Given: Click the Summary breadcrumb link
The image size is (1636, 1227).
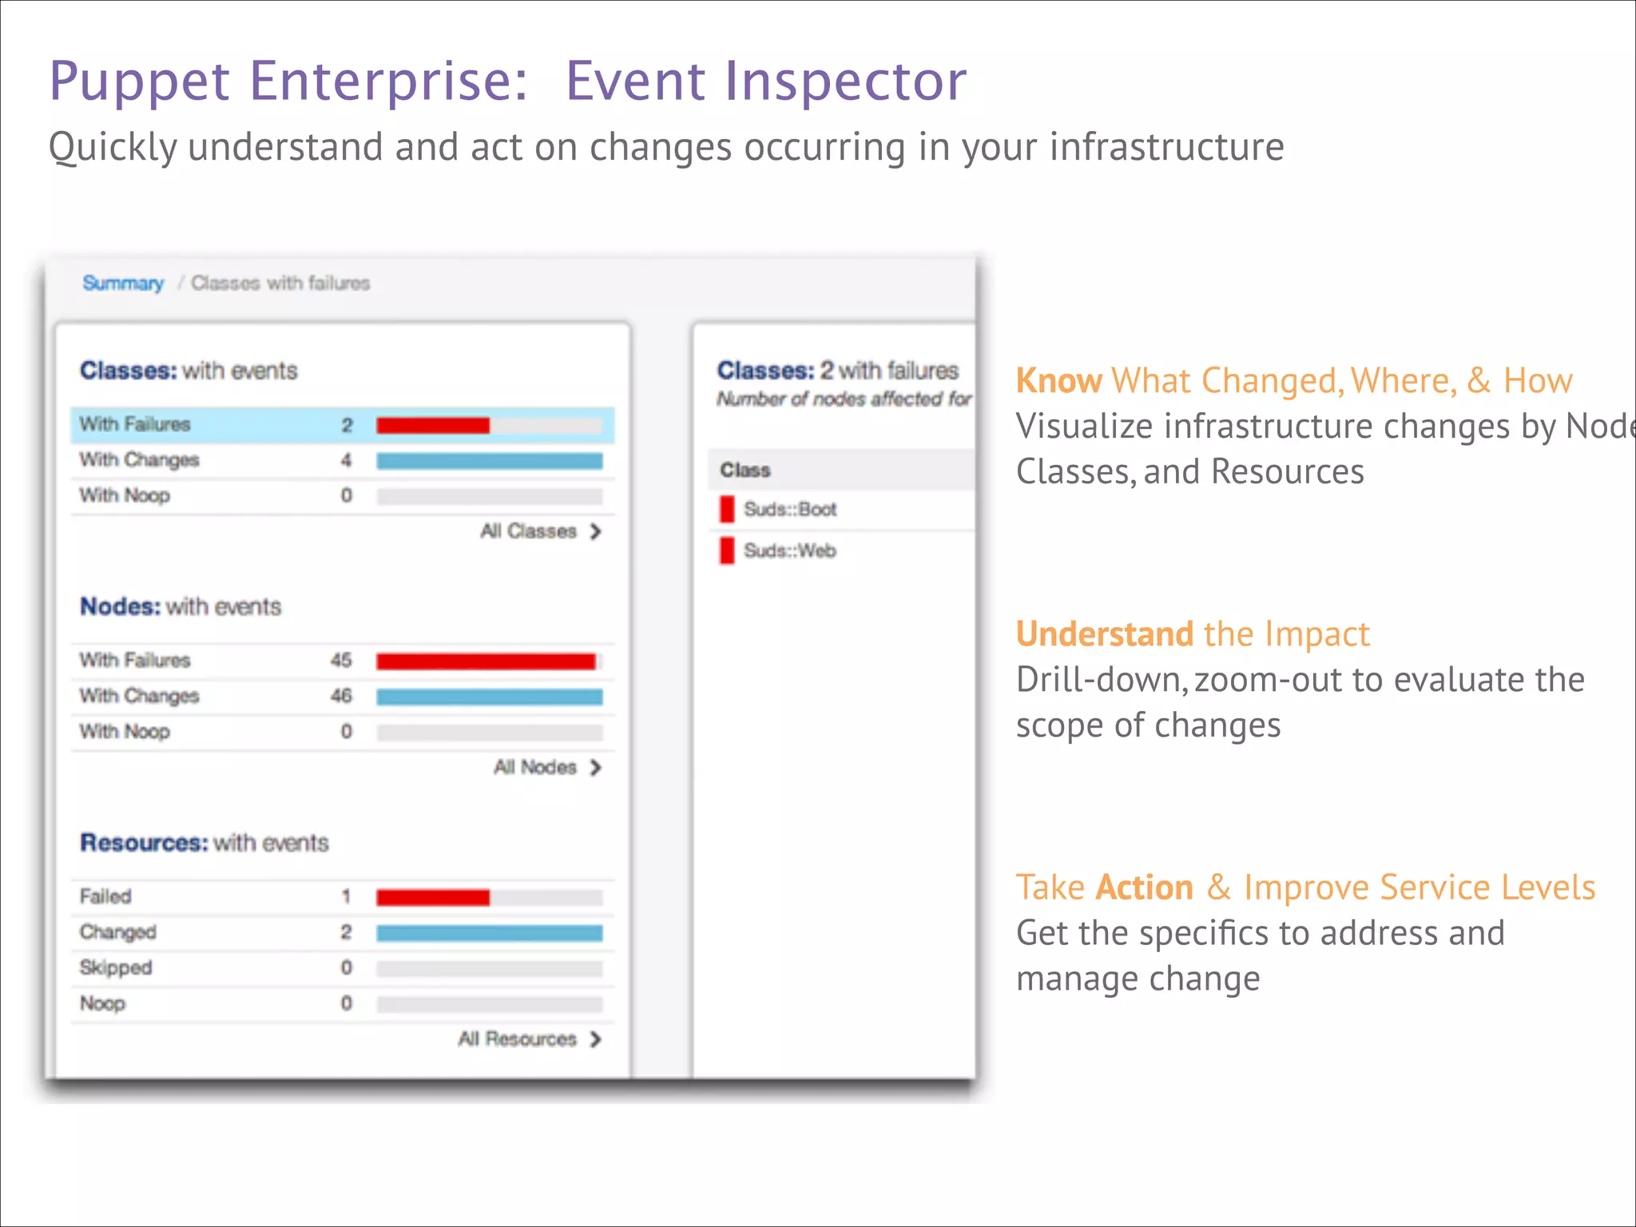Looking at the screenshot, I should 123,283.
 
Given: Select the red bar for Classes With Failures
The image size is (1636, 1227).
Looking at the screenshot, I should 432,425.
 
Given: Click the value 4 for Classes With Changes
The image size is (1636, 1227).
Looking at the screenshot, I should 346,460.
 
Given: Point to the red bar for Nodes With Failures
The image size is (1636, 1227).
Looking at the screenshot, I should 486,661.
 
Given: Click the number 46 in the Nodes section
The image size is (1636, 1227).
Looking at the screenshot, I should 341,696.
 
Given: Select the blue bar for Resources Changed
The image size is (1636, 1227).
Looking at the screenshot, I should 489,933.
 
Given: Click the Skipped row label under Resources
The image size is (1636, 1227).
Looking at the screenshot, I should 116,967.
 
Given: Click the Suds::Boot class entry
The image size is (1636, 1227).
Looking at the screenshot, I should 789,510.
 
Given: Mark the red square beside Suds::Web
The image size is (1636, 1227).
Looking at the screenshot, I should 726,551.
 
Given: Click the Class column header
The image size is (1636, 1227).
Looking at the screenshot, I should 745,471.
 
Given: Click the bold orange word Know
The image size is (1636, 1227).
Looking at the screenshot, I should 1058,381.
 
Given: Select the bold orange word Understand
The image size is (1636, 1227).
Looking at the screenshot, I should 1104,634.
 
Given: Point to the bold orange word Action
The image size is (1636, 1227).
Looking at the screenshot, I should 1144,887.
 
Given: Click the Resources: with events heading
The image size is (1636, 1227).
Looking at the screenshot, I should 204,843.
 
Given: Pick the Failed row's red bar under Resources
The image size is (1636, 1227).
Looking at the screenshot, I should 432,898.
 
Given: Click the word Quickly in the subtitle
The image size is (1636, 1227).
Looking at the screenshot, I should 113,148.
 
